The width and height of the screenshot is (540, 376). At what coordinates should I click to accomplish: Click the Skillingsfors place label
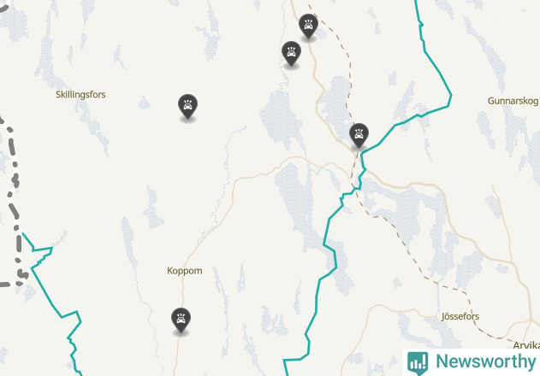(x=80, y=94)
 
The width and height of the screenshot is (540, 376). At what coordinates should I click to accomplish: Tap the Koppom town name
(x=185, y=271)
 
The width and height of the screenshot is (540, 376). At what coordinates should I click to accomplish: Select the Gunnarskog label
(x=511, y=100)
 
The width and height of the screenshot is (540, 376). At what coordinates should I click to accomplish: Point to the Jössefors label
(x=460, y=316)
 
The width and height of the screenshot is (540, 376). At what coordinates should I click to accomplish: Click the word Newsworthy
(x=485, y=361)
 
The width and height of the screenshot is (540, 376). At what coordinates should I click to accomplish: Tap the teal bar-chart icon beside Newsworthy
(x=418, y=361)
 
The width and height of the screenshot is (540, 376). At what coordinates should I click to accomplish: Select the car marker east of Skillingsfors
(x=187, y=106)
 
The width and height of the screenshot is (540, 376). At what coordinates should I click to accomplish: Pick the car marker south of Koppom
(x=180, y=319)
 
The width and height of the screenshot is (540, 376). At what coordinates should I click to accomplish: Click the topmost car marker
(x=308, y=26)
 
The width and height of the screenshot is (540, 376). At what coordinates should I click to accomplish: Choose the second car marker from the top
(x=291, y=53)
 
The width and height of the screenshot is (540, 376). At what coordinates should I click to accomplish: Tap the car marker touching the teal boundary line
(x=359, y=134)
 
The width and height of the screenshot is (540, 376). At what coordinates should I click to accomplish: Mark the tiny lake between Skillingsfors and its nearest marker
(x=144, y=103)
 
